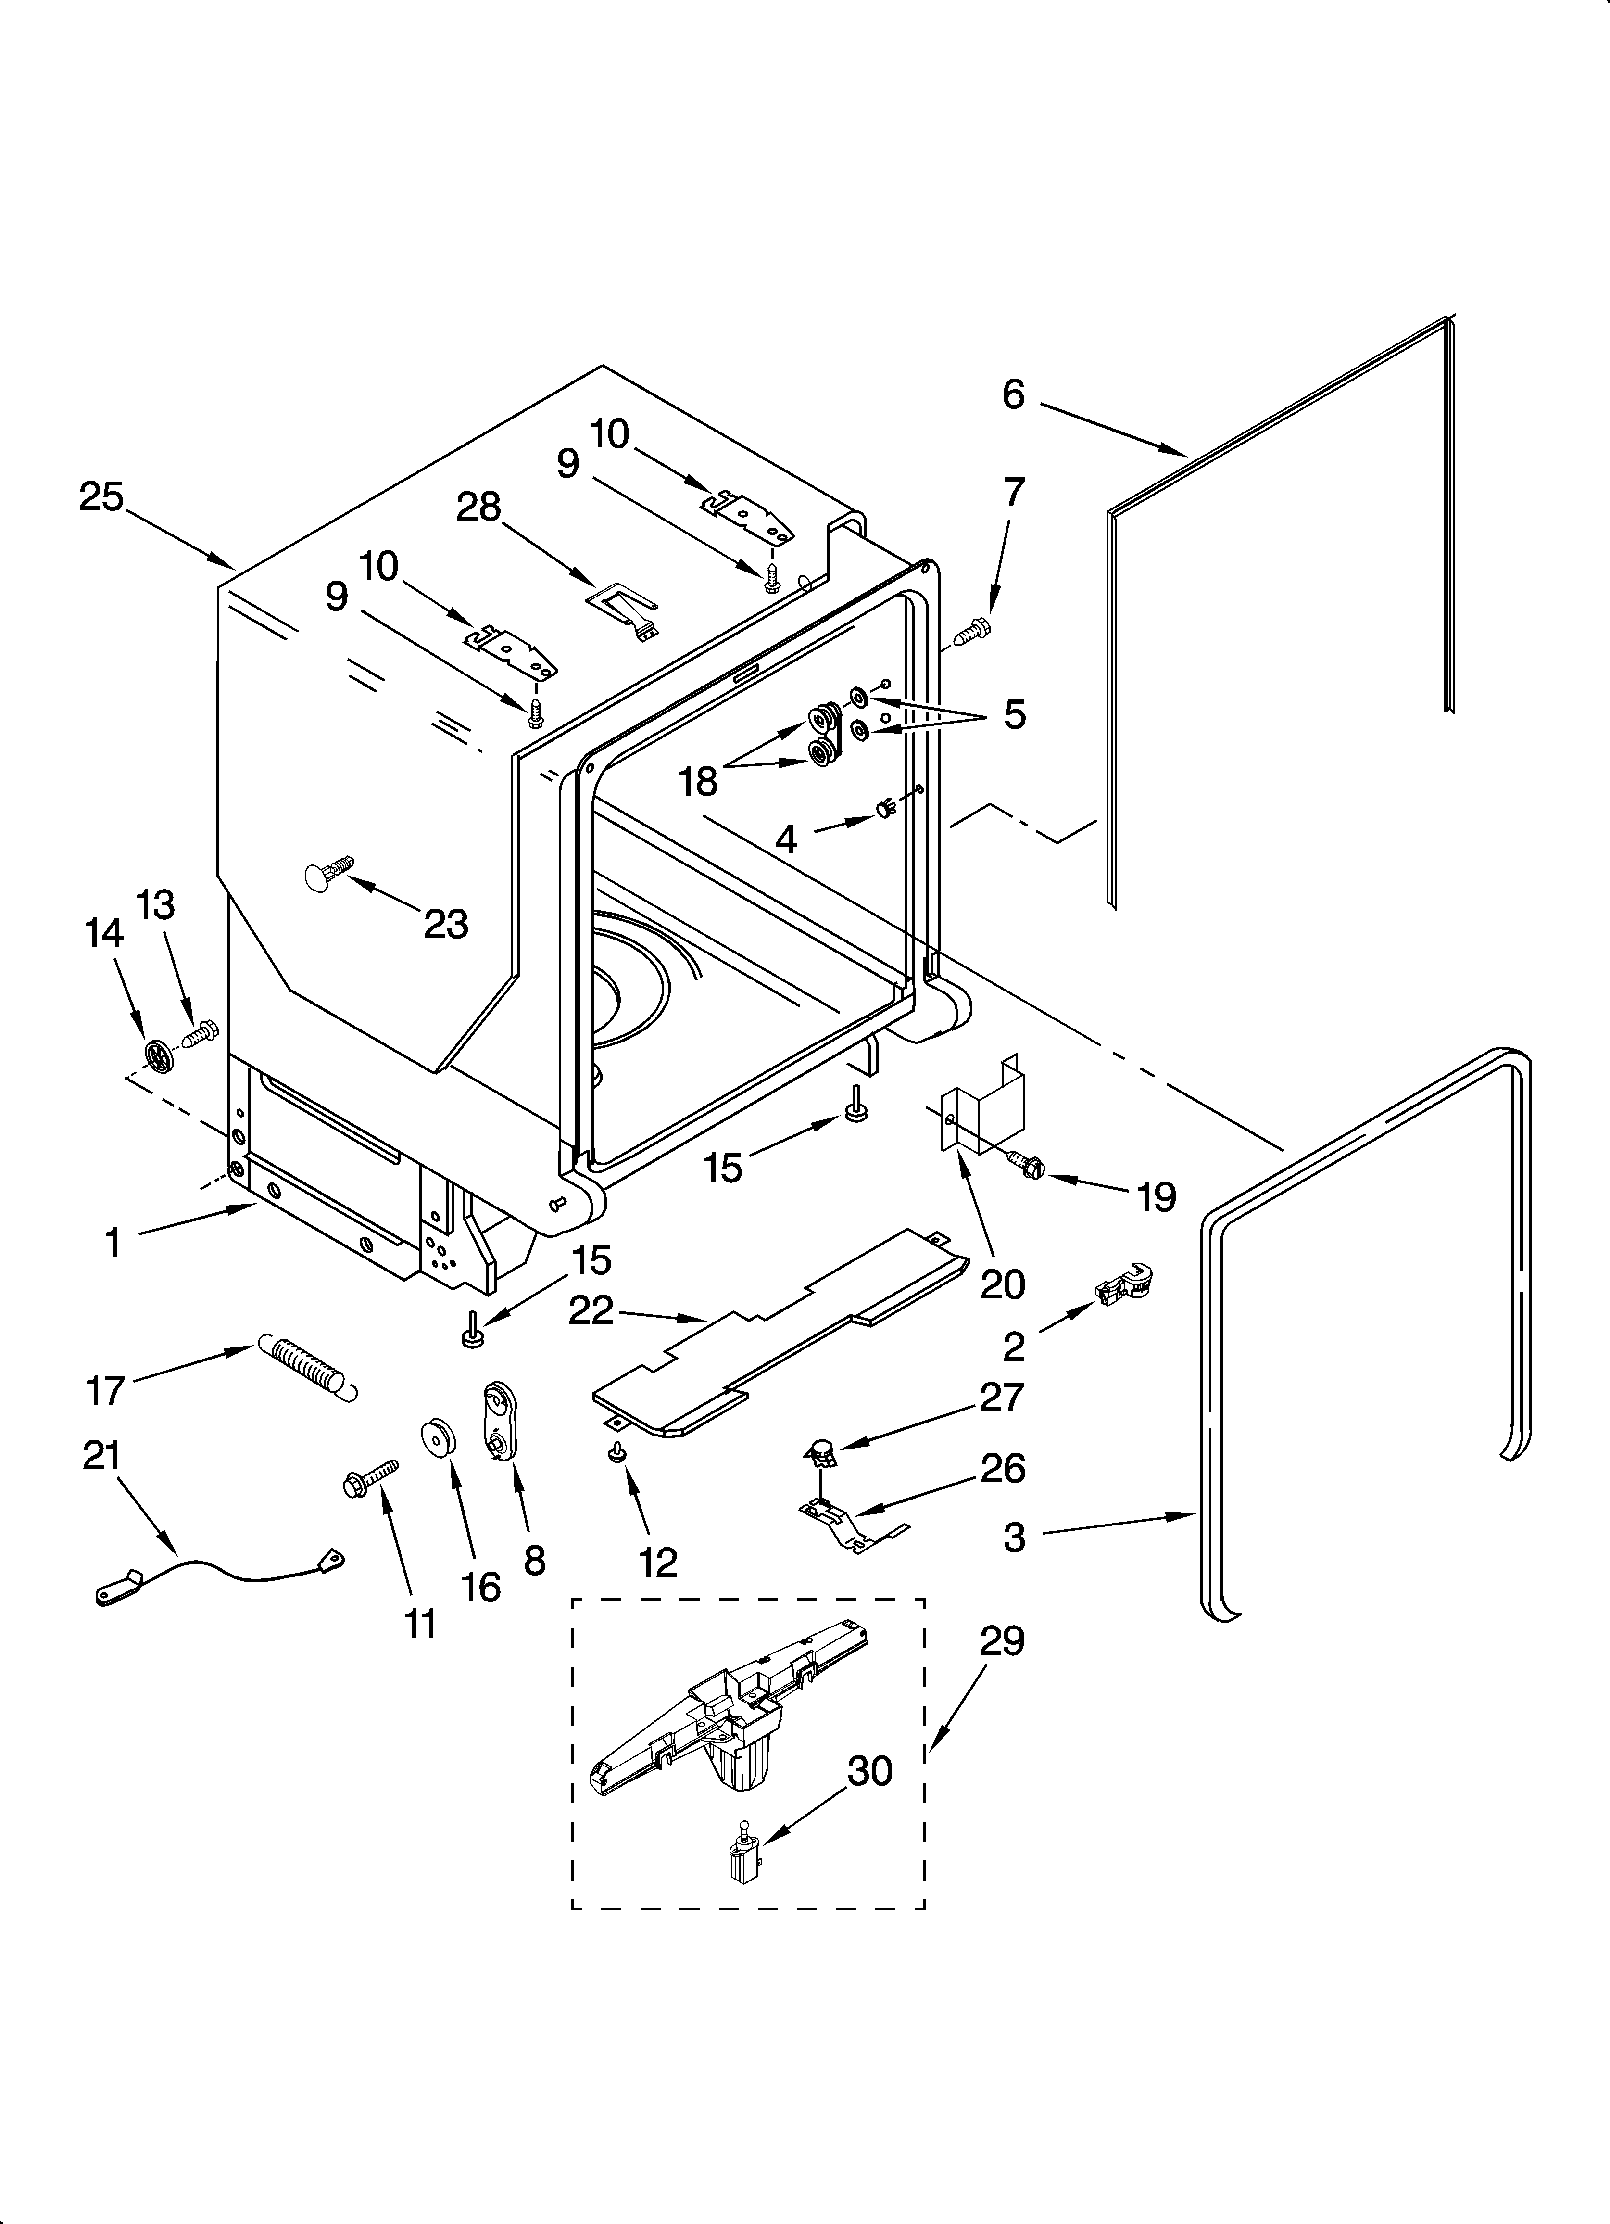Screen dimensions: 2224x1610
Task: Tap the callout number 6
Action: [1013, 394]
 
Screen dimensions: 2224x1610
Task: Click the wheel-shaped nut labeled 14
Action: [157, 1055]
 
